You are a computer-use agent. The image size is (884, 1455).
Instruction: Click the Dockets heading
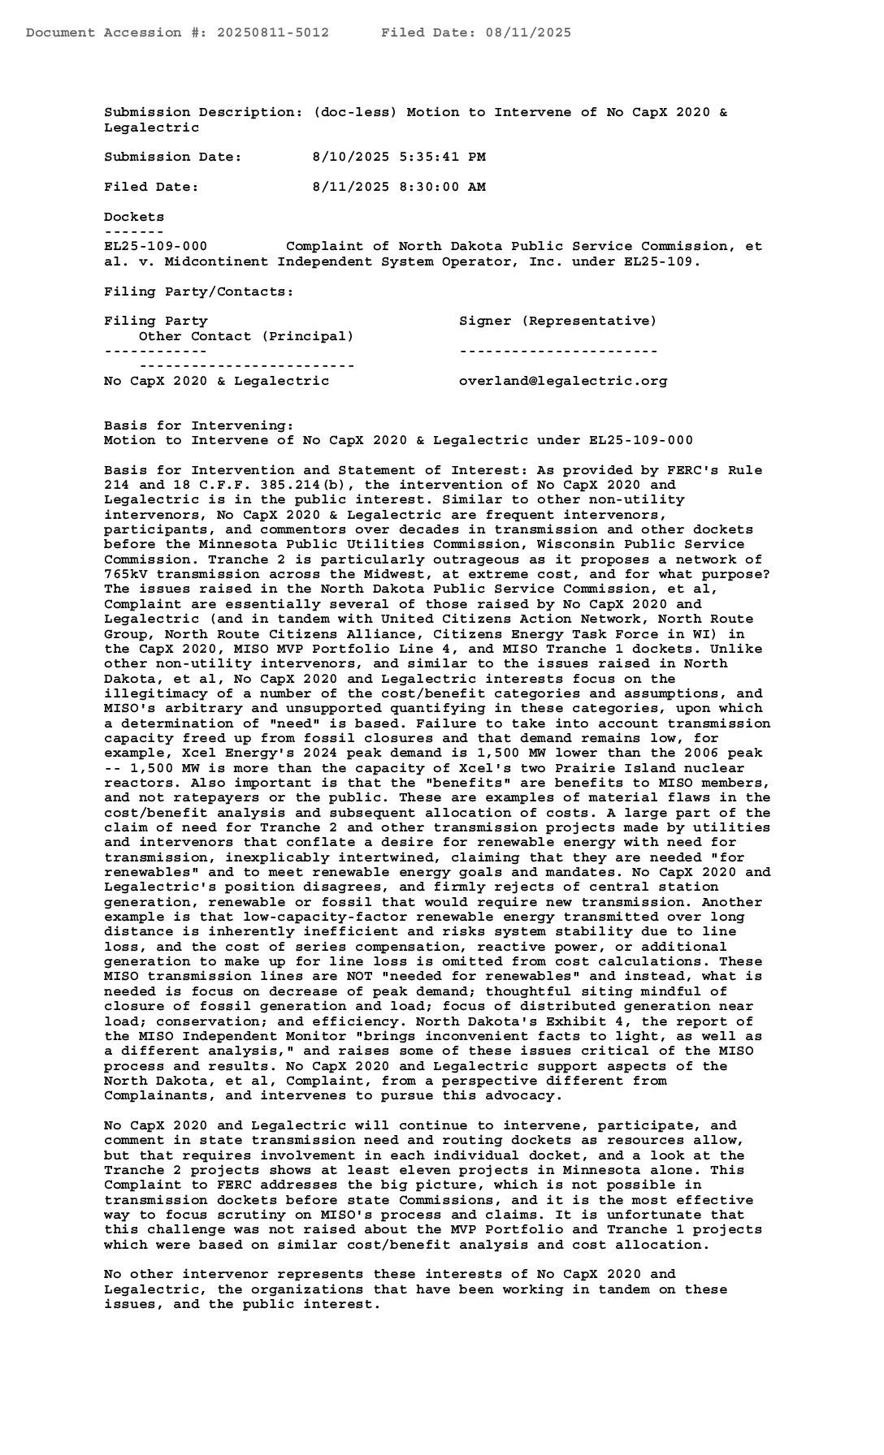click(134, 217)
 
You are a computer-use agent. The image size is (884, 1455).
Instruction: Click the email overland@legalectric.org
click(563, 380)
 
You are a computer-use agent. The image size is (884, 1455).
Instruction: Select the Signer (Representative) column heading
click(558, 321)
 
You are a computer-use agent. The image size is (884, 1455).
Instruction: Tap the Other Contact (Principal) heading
click(246, 335)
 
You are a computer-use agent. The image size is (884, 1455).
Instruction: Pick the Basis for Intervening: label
click(199, 425)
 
